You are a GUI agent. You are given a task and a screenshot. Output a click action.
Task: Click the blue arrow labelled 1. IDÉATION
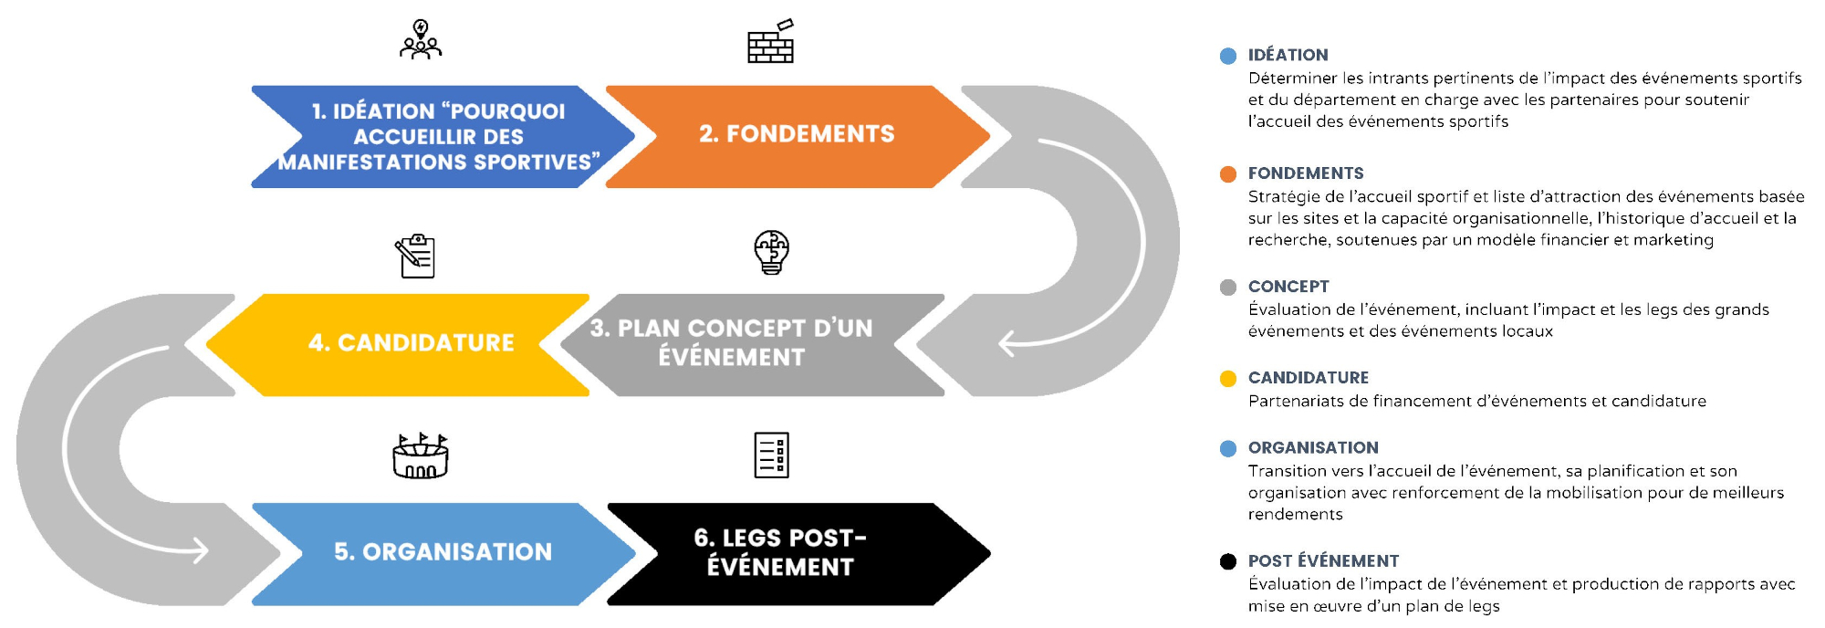(x=438, y=137)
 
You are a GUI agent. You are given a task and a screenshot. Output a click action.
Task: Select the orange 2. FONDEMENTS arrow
(x=796, y=135)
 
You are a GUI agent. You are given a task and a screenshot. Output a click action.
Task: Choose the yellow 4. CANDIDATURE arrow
(x=411, y=343)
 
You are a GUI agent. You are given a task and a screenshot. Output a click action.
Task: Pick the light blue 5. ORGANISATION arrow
(x=443, y=552)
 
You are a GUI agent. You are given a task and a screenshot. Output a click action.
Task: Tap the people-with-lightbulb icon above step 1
(x=421, y=40)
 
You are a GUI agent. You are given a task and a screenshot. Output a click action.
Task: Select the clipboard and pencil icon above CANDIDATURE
(x=415, y=256)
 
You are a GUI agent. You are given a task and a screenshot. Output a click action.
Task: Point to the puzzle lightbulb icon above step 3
(x=771, y=252)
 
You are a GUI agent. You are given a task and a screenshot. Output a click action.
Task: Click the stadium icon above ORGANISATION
(x=421, y=456)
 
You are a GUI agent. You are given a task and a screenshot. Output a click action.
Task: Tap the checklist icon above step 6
(x=771, y=455)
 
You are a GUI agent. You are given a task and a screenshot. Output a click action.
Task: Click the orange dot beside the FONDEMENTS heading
(x=1228, y=174)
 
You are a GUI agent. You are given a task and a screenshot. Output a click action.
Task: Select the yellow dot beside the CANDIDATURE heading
(x=1228, y=379)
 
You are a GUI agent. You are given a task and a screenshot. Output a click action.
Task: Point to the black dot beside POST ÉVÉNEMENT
(x=1228, y=561)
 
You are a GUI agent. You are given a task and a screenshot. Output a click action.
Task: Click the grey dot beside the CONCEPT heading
(x=1228, y=288)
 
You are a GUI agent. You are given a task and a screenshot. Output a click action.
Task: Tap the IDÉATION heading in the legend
(x=1288, y=55)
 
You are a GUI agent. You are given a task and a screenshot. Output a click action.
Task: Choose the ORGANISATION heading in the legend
(x=1313, y=447)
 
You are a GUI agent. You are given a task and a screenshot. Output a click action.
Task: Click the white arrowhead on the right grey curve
(x=1006, y=344)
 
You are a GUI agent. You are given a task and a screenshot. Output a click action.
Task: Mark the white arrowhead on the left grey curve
(x=200, y=550)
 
